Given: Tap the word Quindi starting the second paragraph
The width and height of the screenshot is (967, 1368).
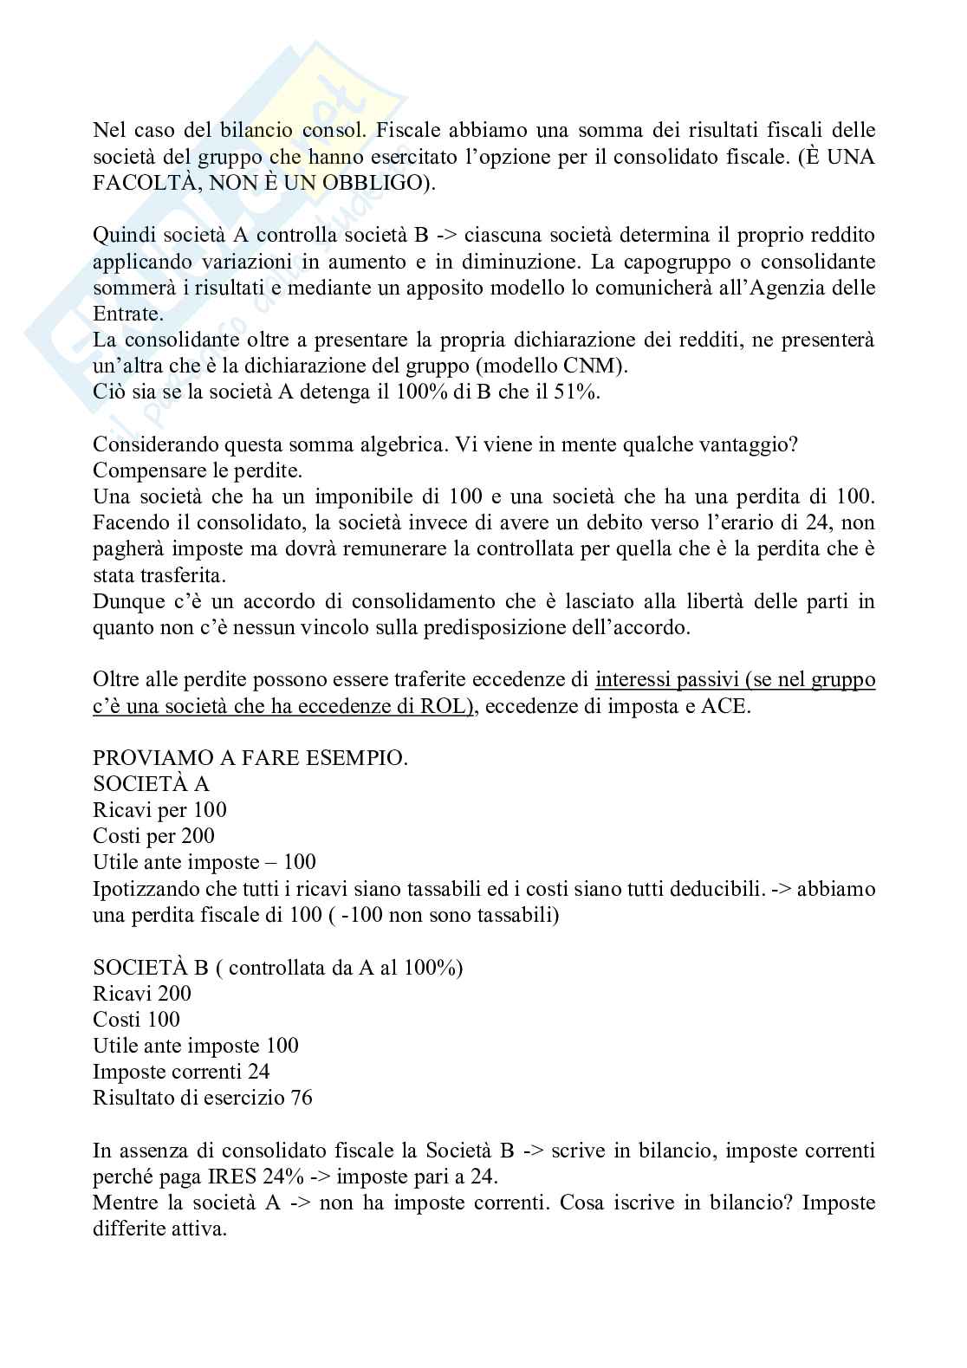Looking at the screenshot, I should (x=121, y=235).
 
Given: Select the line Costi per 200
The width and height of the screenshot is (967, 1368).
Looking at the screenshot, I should (x=153, y=836).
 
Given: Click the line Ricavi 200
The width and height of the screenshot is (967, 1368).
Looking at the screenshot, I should (x=142, y=994).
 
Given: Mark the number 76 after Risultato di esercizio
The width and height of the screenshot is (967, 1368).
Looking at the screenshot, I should (x=302, y=1098).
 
